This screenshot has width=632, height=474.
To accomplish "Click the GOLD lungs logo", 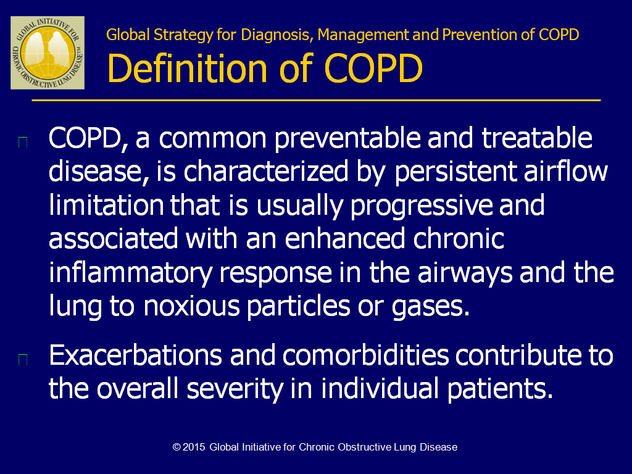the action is point(48,53).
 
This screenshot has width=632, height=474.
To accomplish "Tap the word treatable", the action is point(537,138).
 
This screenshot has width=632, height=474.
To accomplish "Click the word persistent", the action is point(455,172).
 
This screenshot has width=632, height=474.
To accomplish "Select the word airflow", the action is point(565,171).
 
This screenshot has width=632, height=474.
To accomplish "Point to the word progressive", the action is point(421,206).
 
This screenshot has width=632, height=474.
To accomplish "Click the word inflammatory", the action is point(131,273).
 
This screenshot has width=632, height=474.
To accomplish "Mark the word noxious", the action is point(192,307).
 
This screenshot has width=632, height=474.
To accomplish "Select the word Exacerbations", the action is point(135,355).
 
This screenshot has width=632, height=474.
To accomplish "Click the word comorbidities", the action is point(365,355).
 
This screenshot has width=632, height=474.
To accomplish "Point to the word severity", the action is point(235,390).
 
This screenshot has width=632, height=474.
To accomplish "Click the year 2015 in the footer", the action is point(194,447).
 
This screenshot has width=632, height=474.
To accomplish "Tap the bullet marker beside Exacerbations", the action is point(23,359).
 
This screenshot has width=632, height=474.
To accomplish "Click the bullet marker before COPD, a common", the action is point(23,143).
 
